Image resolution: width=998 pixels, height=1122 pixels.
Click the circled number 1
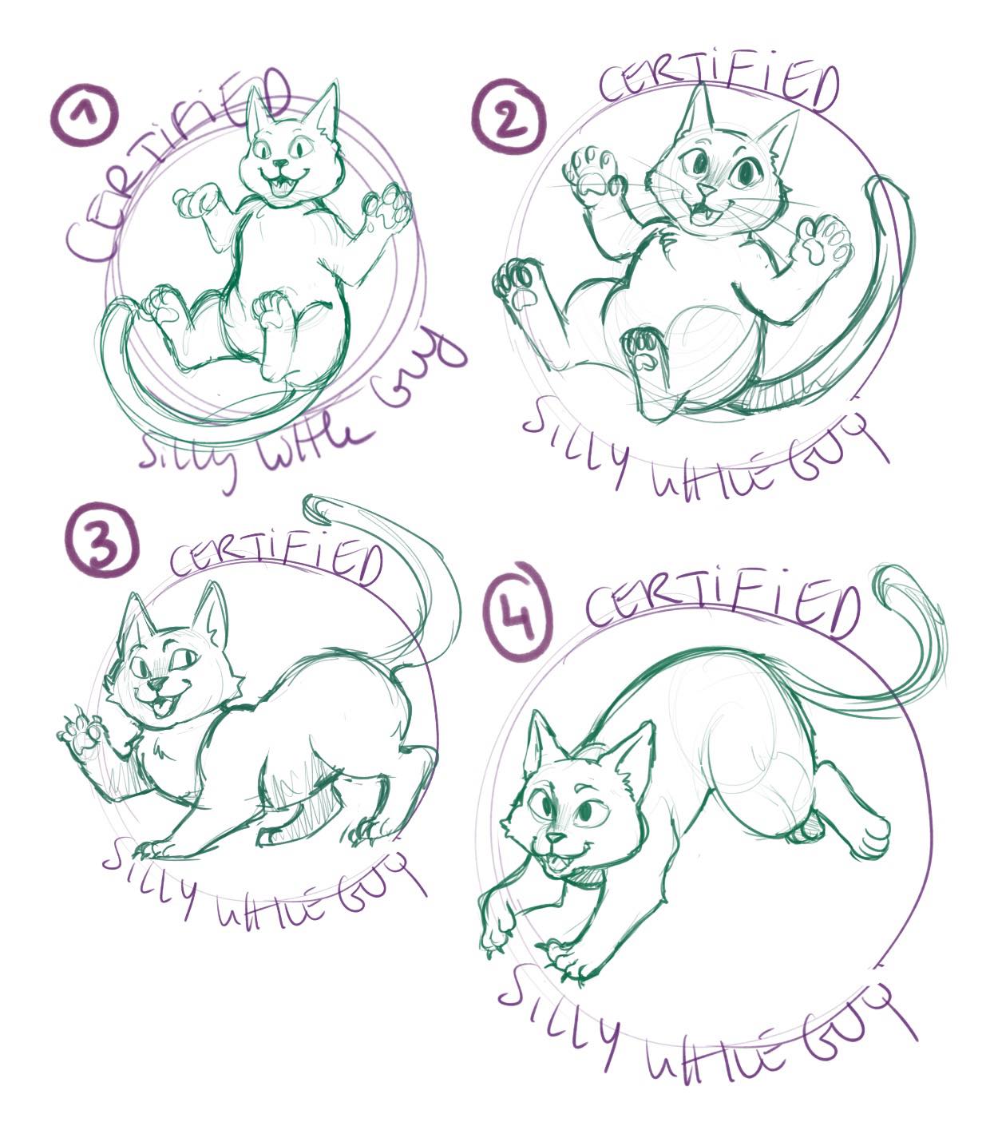coord(84,115)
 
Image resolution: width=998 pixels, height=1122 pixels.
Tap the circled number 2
coord(508,117)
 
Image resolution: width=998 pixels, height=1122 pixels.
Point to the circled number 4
coord(518,611)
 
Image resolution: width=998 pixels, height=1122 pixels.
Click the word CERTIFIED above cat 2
coord(719,89)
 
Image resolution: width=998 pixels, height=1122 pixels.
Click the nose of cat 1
coord(281,164)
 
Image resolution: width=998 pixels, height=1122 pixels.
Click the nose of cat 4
coord(556,838)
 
